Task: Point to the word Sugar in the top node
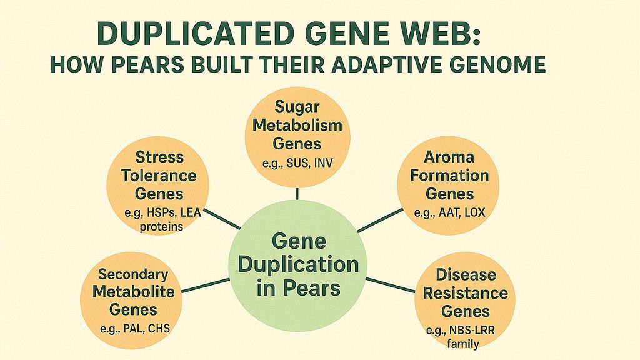pos(297,106)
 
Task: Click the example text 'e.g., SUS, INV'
pos(297,164)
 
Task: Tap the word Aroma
pos(449,157)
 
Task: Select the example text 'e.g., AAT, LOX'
pos(450,212)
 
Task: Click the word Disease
pos(466,275)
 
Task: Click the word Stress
pos(159,157)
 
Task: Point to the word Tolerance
pos(159,176)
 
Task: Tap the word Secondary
pos(133,275)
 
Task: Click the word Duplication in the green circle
pos(298,264)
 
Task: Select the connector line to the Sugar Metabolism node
pos(297,194)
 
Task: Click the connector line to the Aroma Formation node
pos(381,221)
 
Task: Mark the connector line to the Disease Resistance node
pos(390,285)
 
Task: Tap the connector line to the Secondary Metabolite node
pos(205,285)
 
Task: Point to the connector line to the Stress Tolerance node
pos(222,219)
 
